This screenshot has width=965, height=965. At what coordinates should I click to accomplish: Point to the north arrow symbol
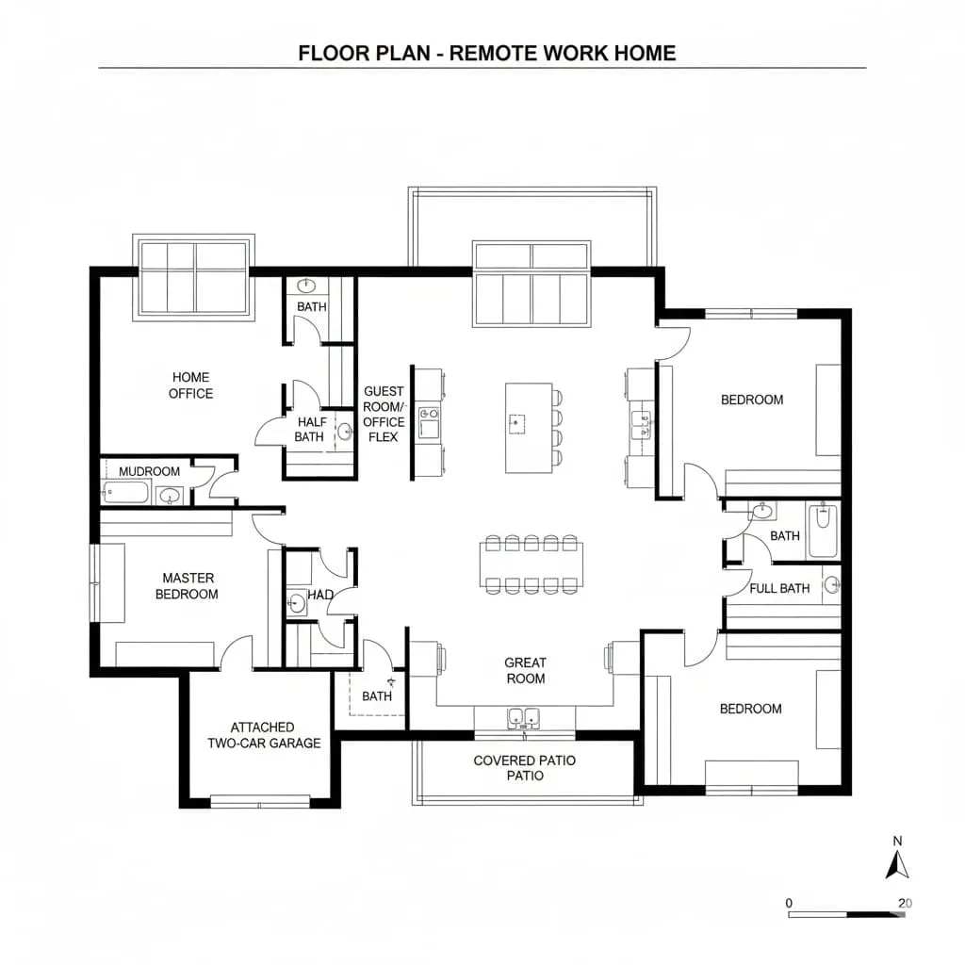pyautogui.click(x=897, y=864)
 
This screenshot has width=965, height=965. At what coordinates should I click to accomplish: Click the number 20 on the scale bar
pyautogui.click(x=905, y=903)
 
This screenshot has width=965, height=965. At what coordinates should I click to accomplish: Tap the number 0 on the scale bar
pyautogui.click(x=789, y=903)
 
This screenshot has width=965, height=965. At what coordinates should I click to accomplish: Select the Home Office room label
pyautogui.click(x=190, y=385)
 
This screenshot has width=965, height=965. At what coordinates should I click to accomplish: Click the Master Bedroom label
pyautogui.click(x=187, y=586)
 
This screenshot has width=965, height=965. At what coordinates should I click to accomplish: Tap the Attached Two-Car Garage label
pyautogui.click(x=264, y=735)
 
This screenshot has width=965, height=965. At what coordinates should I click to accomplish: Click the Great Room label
pyautogui.click(x=525, y=670)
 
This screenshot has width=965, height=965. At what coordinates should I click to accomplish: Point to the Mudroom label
pyautogui.click(x=149, y=471)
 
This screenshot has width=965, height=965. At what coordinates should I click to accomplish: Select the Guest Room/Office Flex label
pyautogui.click(x=384, y=414)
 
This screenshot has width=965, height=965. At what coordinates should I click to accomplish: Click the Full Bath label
pyautogui.click(x=779, y=589)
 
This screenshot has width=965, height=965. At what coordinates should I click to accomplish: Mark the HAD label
pyautogui.click(x=321, y=596)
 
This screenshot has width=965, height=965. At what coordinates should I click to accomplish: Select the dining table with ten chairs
pyautogui.click(x=532, y=564)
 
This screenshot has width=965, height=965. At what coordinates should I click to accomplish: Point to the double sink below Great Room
pyautogui.click(x=523, y=718)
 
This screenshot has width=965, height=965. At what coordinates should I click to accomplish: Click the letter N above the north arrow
pyautogui.click(x=897, y=841)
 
